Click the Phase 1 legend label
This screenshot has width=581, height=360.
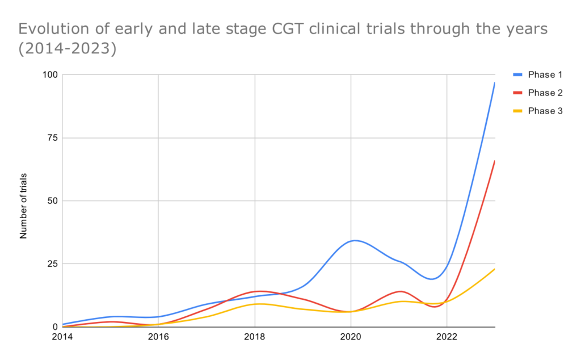tap(545, 75)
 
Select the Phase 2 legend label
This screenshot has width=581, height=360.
tap(545, 93)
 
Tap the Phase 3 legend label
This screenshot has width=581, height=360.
tap(545, 111)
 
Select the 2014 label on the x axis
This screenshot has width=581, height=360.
tap(62, 337)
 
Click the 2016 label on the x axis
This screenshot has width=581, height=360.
tap(158, 337)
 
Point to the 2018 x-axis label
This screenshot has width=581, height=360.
tap(255, 337)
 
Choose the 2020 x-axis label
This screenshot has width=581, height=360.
tap(351, 337)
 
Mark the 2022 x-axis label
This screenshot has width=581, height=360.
tap(447, 337)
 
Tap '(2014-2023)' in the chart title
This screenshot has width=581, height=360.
tap(68, 49)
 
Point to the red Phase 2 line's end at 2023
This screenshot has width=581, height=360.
tap(495, 161)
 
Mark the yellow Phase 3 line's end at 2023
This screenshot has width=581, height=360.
tap(495, 269)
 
